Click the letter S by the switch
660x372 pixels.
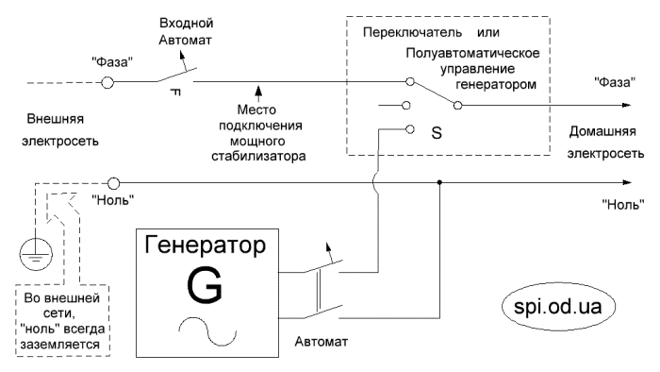coord(436,132)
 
